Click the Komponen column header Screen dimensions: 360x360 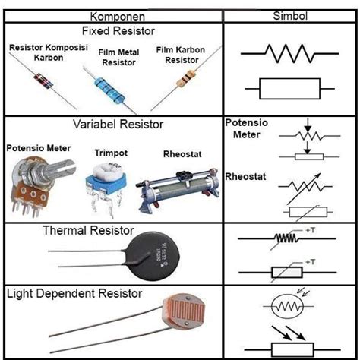(x=118, y=17)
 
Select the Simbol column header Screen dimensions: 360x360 (x=290, y=16)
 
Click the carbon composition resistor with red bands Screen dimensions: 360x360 (x=43, y=81)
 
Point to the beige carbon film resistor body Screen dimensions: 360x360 (x=186, y=79)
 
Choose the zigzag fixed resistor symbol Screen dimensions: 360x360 (x=289, y=54)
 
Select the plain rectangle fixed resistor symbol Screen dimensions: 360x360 (x=289, y=89)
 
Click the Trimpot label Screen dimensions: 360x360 (x=111, y=153)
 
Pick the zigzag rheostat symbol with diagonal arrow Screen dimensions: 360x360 (x=305, y=188)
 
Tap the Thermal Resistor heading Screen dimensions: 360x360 (x=88, y=230)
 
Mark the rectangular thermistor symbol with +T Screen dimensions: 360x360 (x=287, y=273)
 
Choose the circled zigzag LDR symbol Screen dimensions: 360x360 (x=288, y=306)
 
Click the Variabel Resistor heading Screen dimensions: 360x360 (x=118, y=125)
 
